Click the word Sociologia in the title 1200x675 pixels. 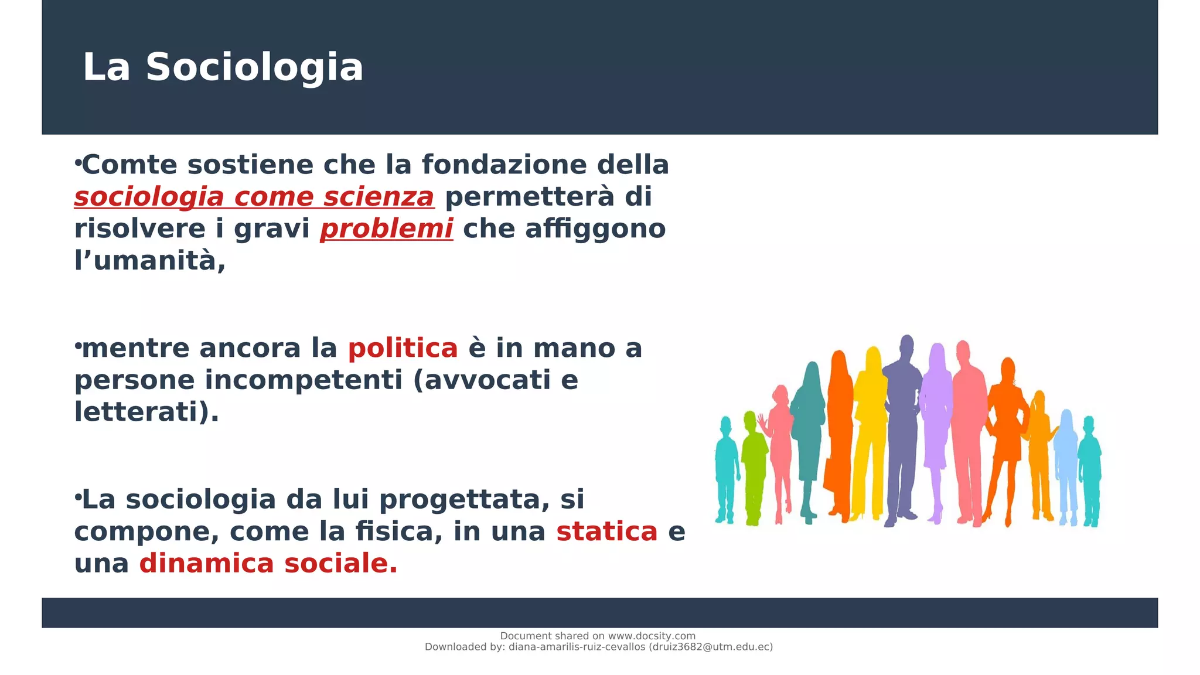(254, 67)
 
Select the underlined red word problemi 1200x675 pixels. (386, 229)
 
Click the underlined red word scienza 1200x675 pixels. (379, 197)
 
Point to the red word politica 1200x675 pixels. (403, 348)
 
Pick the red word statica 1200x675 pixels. (606, 531)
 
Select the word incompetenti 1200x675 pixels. (304, 380)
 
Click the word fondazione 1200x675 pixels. (504, 165)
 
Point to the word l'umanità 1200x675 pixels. (150, 260)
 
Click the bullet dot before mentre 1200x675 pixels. (77, 346)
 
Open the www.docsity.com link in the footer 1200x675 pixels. (651, 636)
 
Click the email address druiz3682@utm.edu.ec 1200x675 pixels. (711, 647)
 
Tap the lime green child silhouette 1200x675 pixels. (753, 463)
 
